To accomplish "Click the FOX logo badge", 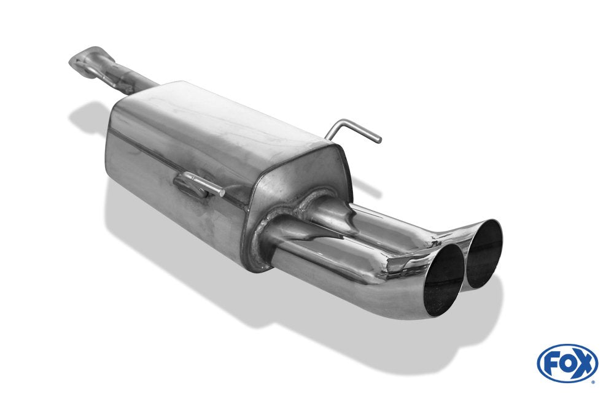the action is [567, 363].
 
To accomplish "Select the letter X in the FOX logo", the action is [583, 363].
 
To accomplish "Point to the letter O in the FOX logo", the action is [567, 363].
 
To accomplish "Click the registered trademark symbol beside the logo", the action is [594, 382].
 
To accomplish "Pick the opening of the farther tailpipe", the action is [484, 254].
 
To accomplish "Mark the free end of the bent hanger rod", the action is [378, 140].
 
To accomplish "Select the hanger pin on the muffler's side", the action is [200, 184].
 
